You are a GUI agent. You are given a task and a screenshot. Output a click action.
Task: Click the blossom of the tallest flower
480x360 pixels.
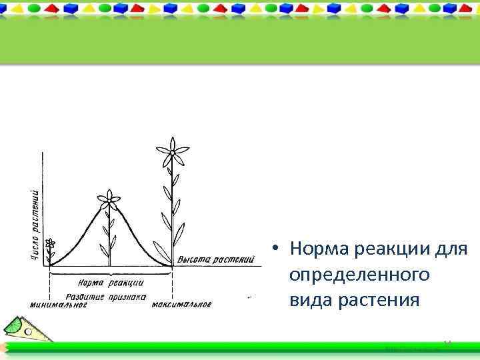click(172, 153)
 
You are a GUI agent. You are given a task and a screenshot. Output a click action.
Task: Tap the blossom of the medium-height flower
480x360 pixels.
click(109, 199)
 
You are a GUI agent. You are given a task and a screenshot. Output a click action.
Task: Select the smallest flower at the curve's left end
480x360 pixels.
click(50, 245)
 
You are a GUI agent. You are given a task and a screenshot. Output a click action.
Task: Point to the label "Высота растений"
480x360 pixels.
click(216, 259)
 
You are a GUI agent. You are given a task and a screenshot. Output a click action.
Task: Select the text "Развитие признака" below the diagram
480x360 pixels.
click(105, 297)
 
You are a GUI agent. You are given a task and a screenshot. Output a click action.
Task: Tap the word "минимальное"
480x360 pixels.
click(59, 305)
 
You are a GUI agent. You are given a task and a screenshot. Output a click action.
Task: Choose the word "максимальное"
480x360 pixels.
click(181, 305)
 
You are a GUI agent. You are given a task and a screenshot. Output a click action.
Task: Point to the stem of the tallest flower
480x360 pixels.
click(172, 213)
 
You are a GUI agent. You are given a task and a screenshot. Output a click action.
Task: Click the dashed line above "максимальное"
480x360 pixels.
click(173, 283)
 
